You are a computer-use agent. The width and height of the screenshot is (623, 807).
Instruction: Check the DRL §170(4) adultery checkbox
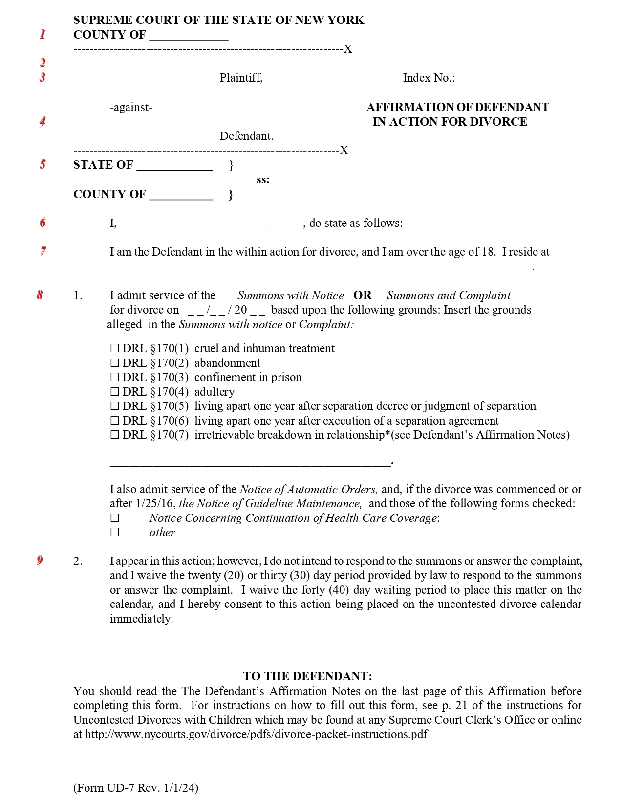pos(115,392)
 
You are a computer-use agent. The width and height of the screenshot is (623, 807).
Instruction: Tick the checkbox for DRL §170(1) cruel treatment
pos(115,348)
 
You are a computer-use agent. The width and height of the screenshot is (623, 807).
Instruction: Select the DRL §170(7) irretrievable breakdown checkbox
pos(115,435)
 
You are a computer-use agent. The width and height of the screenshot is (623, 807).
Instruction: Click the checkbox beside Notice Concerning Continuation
pos(115,518)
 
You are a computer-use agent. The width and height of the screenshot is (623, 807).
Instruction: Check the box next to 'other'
pos(115,532)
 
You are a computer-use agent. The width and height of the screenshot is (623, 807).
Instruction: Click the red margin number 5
pos(43,164)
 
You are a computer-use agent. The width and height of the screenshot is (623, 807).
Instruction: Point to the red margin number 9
pos(40,560)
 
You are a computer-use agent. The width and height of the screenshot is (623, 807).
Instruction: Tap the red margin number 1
pos(43,34)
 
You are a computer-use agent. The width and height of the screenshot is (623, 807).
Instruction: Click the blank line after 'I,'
pos(211,224)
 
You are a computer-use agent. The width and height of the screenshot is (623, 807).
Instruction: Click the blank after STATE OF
pos(174,166)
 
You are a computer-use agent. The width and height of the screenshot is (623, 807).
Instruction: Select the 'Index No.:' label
pos(429,78)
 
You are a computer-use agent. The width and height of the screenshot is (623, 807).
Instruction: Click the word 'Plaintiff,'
pos(241,78)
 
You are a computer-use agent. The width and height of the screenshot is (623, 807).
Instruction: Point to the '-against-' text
pos(131,107)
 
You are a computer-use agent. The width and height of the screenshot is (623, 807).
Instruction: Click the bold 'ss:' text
pos(263,180)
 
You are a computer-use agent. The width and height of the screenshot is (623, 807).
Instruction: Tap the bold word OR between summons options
pos(363,295)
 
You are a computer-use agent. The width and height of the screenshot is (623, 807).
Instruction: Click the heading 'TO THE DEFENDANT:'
pos(307,676)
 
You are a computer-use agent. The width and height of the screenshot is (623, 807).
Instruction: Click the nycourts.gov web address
pos(256,734)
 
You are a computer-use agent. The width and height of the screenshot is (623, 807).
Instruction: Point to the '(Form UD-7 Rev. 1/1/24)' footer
pos(136,787)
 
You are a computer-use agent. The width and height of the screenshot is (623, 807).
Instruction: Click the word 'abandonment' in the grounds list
pos(227,363)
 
